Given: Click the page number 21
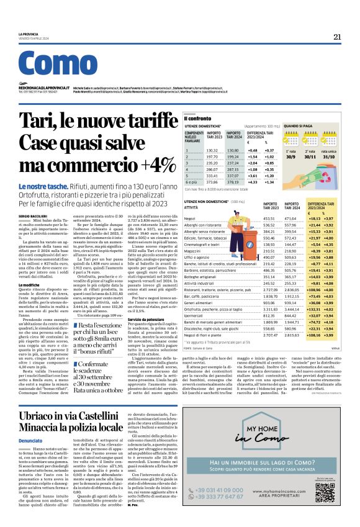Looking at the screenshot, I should [337, 37].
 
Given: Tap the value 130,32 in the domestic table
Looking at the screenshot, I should [212, 150].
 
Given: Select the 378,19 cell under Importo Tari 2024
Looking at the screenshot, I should [233, 182].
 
